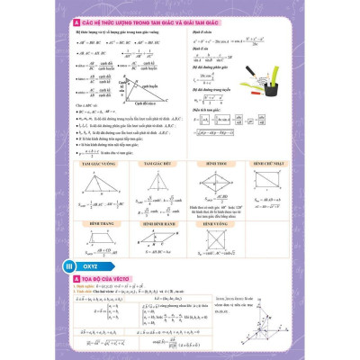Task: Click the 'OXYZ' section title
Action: pos(92,266)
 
